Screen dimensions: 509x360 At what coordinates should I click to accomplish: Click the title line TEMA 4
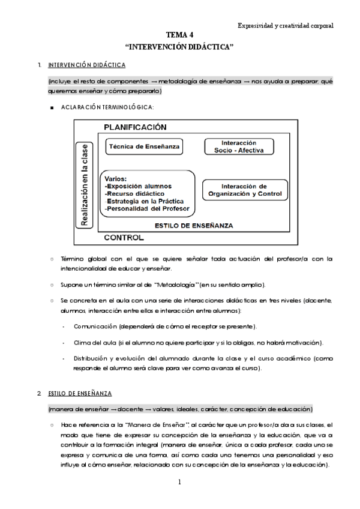pyautogui.click(x=180, y=35)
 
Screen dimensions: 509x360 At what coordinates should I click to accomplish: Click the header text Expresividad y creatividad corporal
pyautogui.click(x=285, y=26)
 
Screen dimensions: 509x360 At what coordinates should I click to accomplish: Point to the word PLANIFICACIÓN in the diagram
pyautogui.click(x=135, y=127)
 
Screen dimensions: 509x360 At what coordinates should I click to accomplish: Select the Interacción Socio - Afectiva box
pyautogui.click(x=239, y=146)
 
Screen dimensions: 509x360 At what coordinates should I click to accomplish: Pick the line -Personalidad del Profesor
pyautogui.click(x=147, y=209)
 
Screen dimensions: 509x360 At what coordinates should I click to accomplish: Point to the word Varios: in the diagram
pyautogui.click(x=115, y=179)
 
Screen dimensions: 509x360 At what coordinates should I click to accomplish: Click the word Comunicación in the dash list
pyautogui.click(x=95, y=326)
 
